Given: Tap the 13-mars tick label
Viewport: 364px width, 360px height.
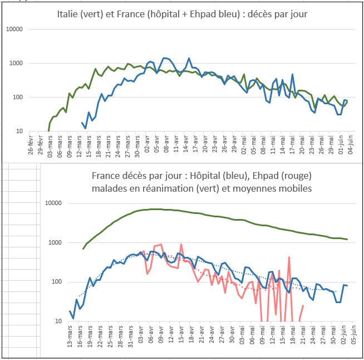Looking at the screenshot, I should [70, 338].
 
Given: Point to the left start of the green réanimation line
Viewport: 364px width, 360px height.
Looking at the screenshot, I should [83, 249].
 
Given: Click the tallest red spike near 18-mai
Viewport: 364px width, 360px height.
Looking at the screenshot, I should [289, 257].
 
